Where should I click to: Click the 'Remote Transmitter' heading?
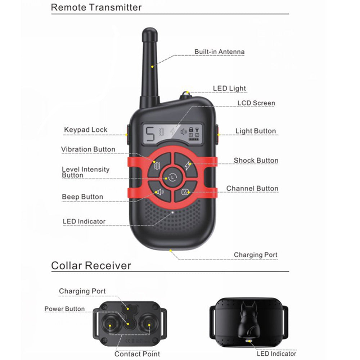click(x=96, y=7)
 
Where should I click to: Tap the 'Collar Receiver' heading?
click(x=91, y=266)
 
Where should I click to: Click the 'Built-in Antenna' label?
click(x=220, y=51)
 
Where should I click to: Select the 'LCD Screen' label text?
click(x=256, y=103)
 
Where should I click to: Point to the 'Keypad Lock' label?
click(x=86, y=130)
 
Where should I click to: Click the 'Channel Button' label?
click(x=252, y=188)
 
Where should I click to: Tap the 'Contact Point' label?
click(x=137, y=354)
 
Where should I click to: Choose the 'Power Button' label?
click(x=64, y=309)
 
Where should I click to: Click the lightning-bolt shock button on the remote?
click(x=186, y=165)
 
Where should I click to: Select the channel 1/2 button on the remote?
click(x=185, y=192)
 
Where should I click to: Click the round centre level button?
click(x=172, y=177)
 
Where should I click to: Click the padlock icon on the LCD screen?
click(x=191, y=130)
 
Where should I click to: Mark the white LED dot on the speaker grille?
click(x=173, y=212)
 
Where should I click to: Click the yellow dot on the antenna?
click(x=152, y=67)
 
